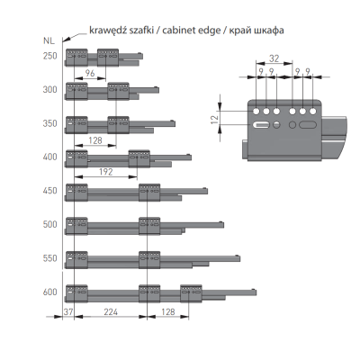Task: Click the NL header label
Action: (x=49, y=40)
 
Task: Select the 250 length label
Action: (x=49, y=56)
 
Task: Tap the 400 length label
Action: (x=49, y=157)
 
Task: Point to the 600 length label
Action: (x=49, y=292)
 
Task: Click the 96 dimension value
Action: (x=90, y=73)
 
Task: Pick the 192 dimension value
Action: (x=106, y=172)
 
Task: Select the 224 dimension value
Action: (x=111, y=311)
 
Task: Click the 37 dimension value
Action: (x=68, y=311)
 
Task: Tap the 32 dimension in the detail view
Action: (x=274, y=58)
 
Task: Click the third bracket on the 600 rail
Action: (x=191, y=293)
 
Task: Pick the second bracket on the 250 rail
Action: (x=108, y=58)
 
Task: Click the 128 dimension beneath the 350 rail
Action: (x=95, y=140)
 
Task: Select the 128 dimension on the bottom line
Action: (x=168, y=311)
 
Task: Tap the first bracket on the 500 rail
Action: (x=76, y=226)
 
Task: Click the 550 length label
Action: (x=49, y=258)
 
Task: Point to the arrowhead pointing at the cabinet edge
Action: (x=67, y=40)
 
